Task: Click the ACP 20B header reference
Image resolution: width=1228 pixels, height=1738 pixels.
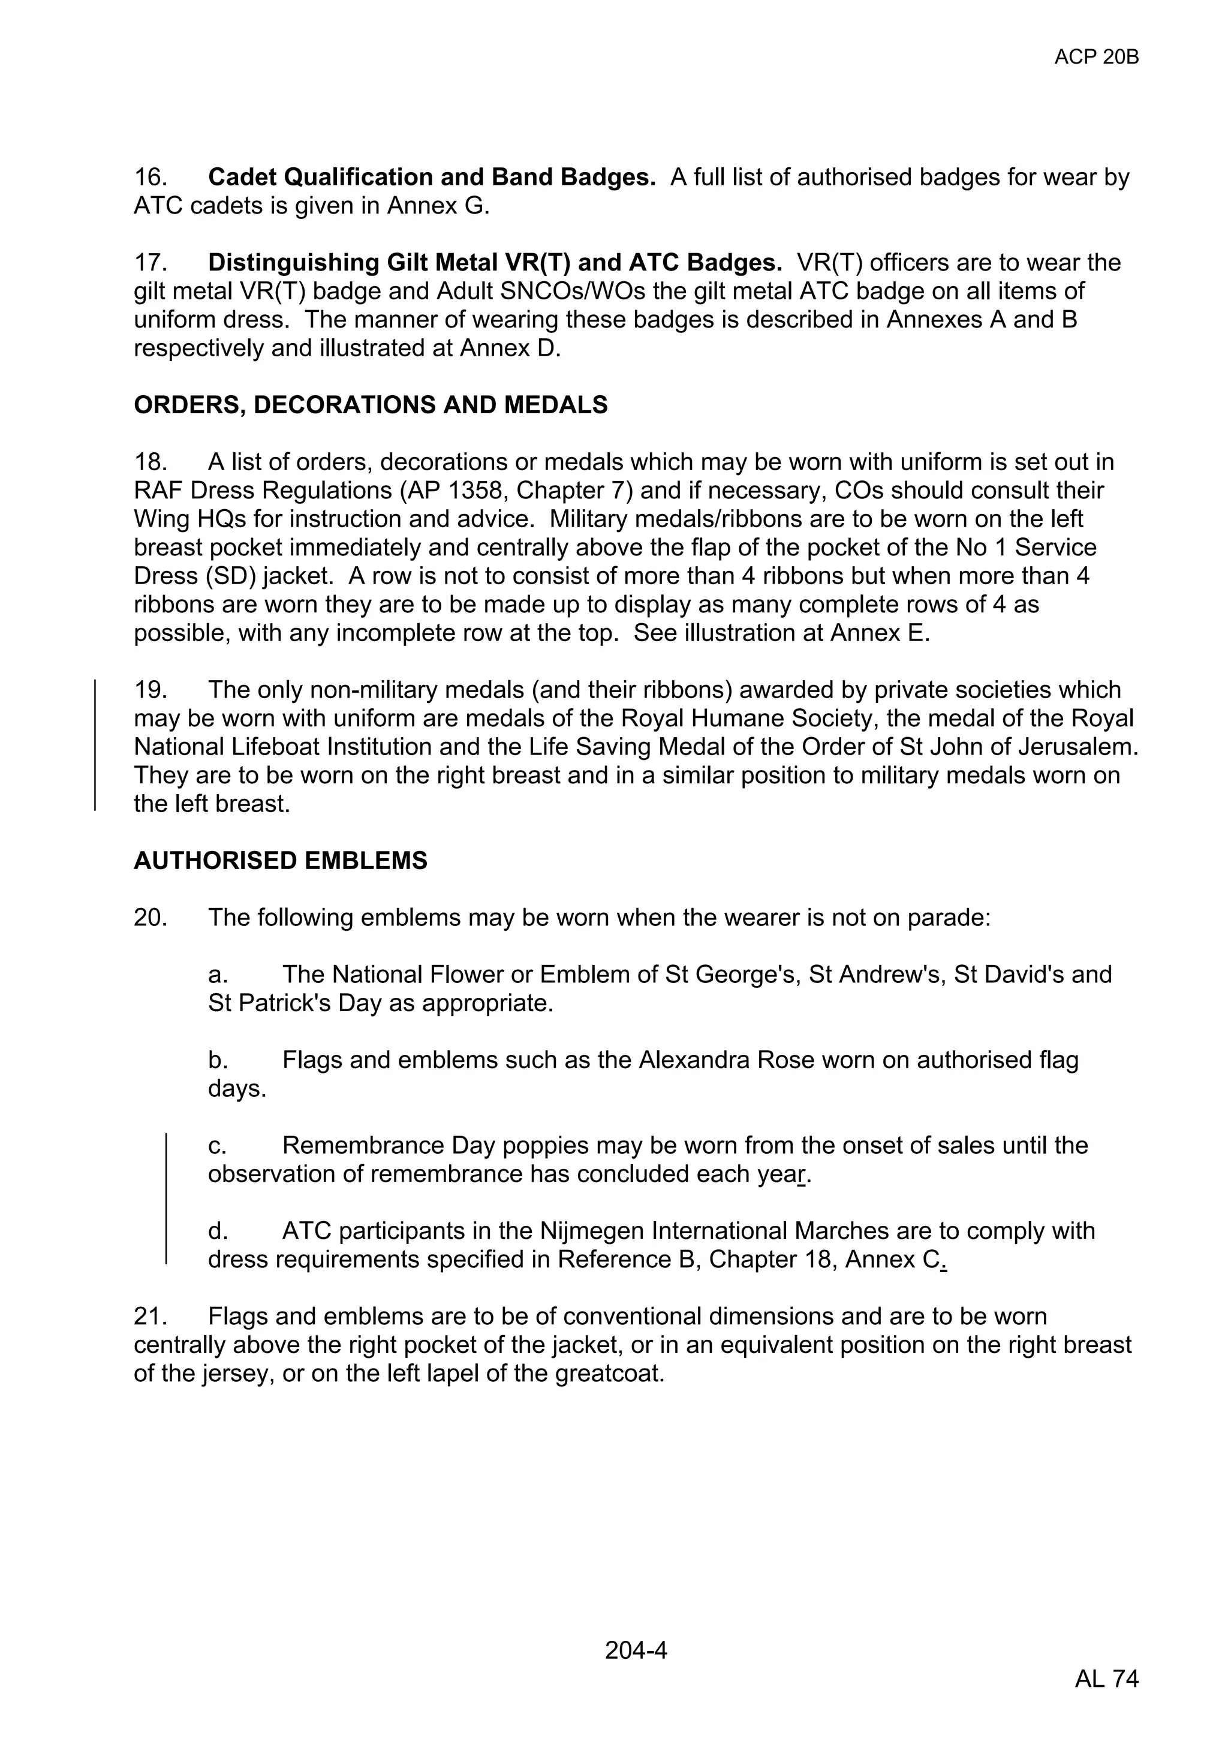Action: [1095, 57]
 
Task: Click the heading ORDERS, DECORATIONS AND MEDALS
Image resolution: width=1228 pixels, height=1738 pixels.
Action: [371, 405]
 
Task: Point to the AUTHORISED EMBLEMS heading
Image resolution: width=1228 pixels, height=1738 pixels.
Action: [281, 861]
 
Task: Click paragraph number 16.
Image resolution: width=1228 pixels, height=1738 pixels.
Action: [150, 177]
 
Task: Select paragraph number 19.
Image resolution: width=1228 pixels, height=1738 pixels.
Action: [150, 690]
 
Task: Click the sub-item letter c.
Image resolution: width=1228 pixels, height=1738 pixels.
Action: [216, 1145]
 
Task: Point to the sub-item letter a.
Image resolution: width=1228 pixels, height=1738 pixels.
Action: [216, 974]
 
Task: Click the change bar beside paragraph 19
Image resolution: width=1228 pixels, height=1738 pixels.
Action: [95, 745]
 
